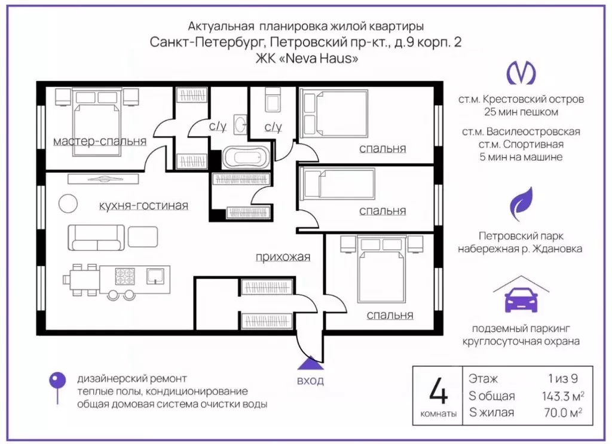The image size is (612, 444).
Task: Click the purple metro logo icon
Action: (x=521, y=73)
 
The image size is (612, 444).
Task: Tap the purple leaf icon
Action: (x=521, y=203)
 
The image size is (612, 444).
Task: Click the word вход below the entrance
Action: (x=310, y=381)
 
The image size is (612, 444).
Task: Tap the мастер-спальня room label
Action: (x=100, y=142)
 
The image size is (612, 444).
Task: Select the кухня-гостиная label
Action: (x=143, y=206)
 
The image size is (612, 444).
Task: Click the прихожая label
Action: (x=283, y=257)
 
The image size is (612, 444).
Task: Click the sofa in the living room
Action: (x=96, y=237)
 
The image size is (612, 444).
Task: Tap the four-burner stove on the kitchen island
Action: (x=126, y=276)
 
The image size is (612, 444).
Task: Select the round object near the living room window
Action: (x=68, y=203)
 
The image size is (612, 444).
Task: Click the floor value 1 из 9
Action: (x=562, y=379)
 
